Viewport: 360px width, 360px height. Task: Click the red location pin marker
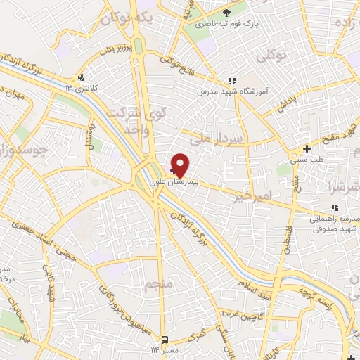point(181,165)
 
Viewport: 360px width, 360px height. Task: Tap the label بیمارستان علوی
point(179,181)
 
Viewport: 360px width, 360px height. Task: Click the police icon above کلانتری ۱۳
point(82,77)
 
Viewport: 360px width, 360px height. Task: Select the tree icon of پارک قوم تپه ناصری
point(226,13)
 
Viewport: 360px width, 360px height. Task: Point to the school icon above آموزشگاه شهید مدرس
point(233,81)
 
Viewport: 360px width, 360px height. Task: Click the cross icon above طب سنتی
point(306,148)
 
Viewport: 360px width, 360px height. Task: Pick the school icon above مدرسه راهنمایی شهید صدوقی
point(335,207)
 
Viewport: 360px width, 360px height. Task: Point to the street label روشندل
point(89,131)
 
